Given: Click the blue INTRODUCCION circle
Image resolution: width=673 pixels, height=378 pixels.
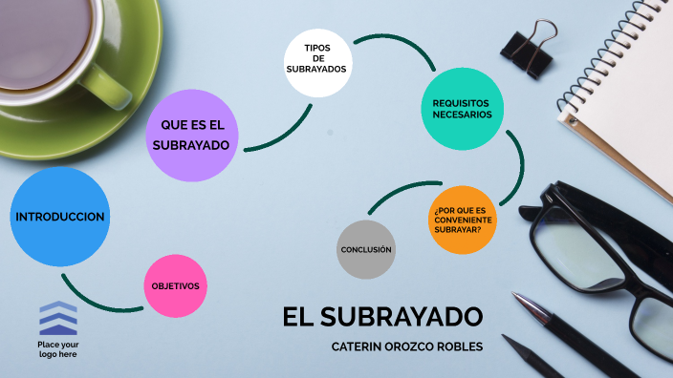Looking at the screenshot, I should tap(59, 217).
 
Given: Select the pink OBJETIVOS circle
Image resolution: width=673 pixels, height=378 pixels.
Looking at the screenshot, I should tap(175, 285).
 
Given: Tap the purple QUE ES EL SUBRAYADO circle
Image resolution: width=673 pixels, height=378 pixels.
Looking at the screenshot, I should tap(191, 134).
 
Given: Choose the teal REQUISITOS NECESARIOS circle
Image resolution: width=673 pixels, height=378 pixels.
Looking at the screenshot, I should tap(462, 107).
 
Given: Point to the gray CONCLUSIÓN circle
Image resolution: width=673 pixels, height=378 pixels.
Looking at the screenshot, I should tap(366, 249).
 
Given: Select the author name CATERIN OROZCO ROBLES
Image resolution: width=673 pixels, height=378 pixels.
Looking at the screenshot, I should tap(406, 346).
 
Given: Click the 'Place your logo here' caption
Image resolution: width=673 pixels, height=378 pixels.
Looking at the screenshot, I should tap(58, 348).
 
